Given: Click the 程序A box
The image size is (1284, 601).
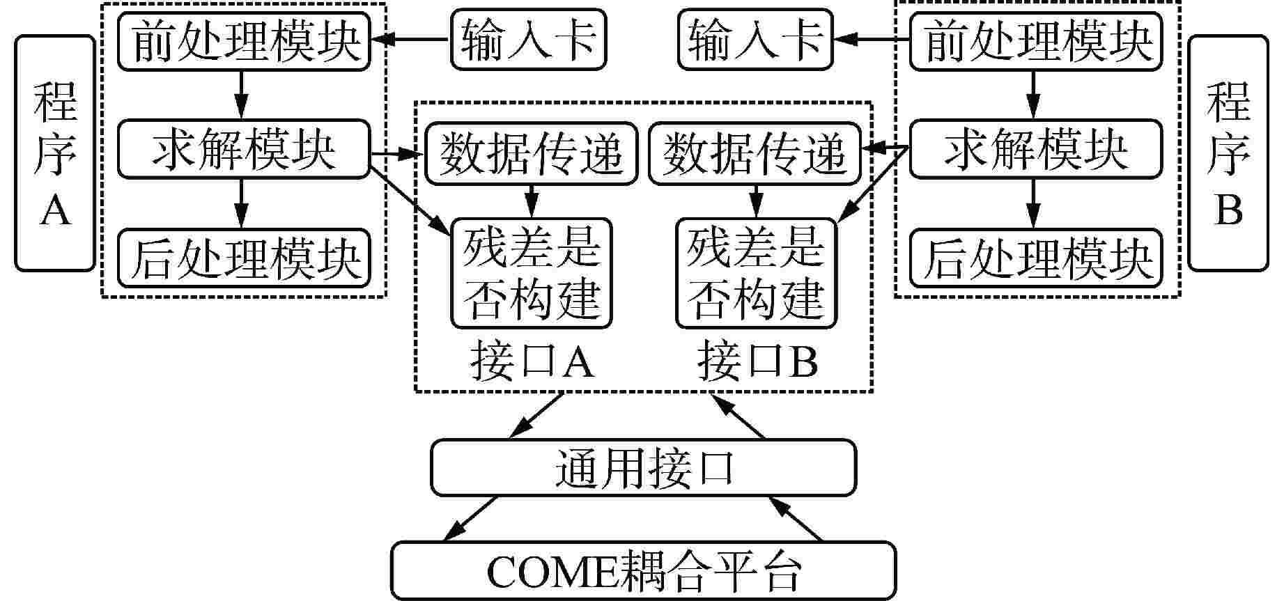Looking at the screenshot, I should point(54,153).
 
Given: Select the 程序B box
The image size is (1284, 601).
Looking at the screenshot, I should point(1228,153).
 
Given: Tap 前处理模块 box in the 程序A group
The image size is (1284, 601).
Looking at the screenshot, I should point(243,40).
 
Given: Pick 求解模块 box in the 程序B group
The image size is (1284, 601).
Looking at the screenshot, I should point(1036,148).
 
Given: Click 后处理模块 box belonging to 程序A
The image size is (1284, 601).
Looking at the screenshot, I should point(243,258).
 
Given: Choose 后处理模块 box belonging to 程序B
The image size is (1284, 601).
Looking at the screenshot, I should point(1036,258).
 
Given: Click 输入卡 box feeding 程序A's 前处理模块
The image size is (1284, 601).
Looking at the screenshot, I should point(529,40).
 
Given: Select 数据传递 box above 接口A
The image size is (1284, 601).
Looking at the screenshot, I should point(532,154).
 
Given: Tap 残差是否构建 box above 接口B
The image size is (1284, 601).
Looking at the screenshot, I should point(757,273).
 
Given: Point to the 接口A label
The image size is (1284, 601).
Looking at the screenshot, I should point(532,361).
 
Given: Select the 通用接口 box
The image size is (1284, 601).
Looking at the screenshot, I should point(644,467).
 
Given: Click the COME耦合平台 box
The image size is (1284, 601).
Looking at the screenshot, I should point(643,571).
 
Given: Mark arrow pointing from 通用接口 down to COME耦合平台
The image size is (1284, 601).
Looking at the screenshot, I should point(470,519).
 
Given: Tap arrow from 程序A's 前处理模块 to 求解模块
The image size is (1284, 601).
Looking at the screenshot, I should point(241,95).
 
